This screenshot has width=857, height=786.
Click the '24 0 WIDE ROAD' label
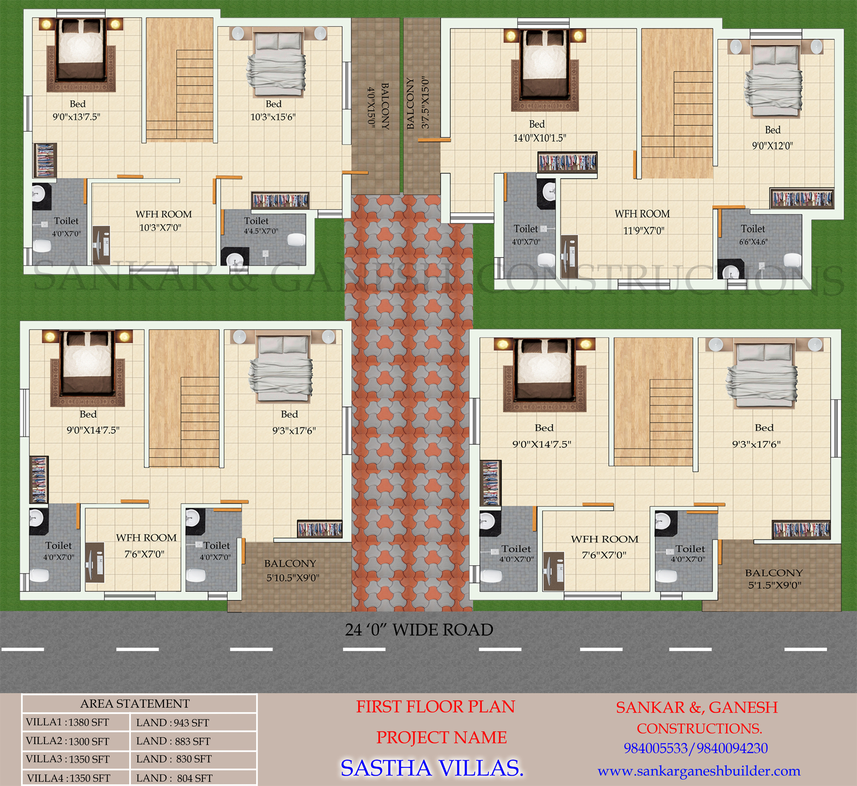419,630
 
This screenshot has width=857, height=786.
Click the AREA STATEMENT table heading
135,704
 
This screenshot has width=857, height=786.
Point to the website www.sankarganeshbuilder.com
699,771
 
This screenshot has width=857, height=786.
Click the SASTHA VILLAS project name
432,768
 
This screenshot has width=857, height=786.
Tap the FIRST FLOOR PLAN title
435,707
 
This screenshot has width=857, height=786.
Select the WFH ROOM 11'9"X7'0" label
642,222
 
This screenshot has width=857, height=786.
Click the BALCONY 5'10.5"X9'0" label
291,570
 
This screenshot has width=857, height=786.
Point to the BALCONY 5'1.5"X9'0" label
774,579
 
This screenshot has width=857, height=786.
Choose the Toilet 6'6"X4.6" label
753,235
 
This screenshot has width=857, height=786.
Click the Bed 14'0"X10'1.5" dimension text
539,138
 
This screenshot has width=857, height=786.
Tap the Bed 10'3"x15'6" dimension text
273,117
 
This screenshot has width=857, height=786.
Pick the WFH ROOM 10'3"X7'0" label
164,221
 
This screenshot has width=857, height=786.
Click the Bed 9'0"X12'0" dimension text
772,146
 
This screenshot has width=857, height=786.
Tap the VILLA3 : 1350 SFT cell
68,759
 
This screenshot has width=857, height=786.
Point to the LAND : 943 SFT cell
173,723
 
